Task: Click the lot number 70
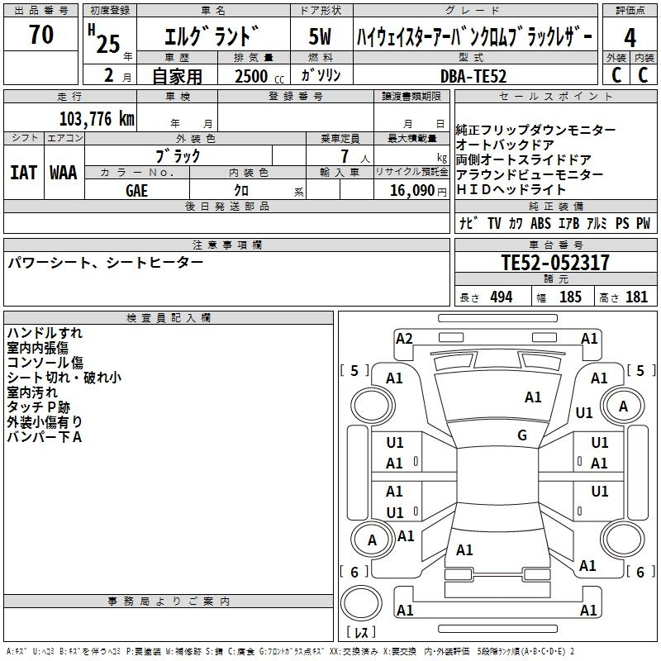tap(41, 34)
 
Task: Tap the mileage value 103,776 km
tap(97, 118)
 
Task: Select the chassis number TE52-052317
tap(555, 262)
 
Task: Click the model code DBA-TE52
tap(473, 76)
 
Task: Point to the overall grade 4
tap(630, 38)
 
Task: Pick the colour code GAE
tap(136, 191)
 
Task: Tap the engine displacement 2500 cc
tap(259, 76)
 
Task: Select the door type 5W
tap(320, 36)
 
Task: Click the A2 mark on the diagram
tap(404, 339)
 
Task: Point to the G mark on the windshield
tap(522, 435)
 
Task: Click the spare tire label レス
tap(361, 632)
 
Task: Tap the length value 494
tap(502, 297)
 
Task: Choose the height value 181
tap(636, 297)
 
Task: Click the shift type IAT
tap(23, 173)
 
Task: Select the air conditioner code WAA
tap(64, 173)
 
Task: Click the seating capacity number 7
tap(345, 156)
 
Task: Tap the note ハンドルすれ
tap(45, 333)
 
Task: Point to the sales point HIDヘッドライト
tap(511, 189)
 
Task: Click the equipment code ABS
tap(540, 223)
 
